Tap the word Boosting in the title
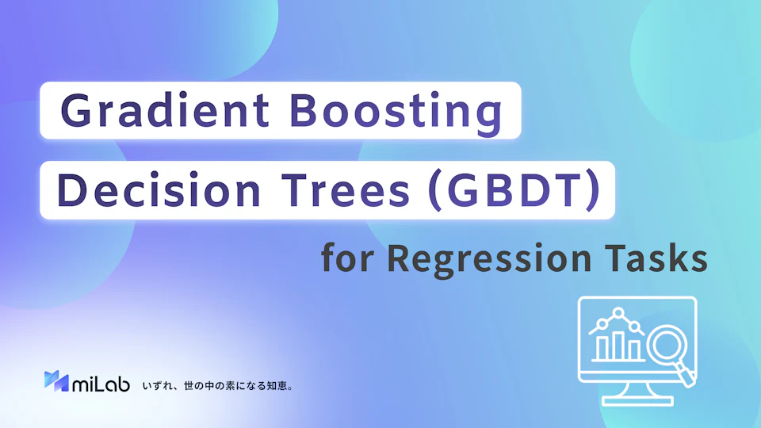tap(396, 112)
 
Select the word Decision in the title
tap(159, 189)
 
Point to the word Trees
tap(346, 190)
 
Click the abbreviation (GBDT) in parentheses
tap(515, 190)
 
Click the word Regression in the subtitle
tap(489, 259)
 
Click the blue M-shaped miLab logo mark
tap(56, 381)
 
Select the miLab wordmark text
tap(101, 384)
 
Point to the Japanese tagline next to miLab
tap(217, 386)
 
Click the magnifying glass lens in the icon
tap(667, 345)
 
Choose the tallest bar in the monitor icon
tap(618, 346)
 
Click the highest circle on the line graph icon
tap(618, 314)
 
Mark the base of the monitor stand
tap(637, 401)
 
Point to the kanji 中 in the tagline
tap(208, 386)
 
